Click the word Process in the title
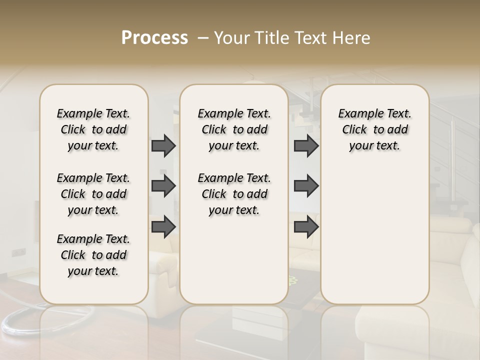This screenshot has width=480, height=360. coord(154,38)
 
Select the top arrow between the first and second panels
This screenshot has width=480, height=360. coord(163,145)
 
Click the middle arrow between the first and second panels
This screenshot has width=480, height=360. coord(163,186)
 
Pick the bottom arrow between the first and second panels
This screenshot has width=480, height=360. coord(163,226)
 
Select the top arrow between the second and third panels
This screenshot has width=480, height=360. coord(306,145)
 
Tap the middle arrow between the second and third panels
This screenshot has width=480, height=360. coord(306,186)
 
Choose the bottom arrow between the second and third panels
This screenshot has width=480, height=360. coord(306,226)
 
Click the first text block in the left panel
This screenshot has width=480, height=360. coord(93,129)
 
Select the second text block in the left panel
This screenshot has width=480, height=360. coord(93,194)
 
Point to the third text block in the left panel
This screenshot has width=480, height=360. coord(93,255)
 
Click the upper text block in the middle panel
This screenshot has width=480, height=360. coord(234,129)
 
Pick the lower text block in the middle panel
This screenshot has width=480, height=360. coord(234,194)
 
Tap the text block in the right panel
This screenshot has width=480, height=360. coord(374,129)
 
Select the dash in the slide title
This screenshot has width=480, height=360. coord(202,38)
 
